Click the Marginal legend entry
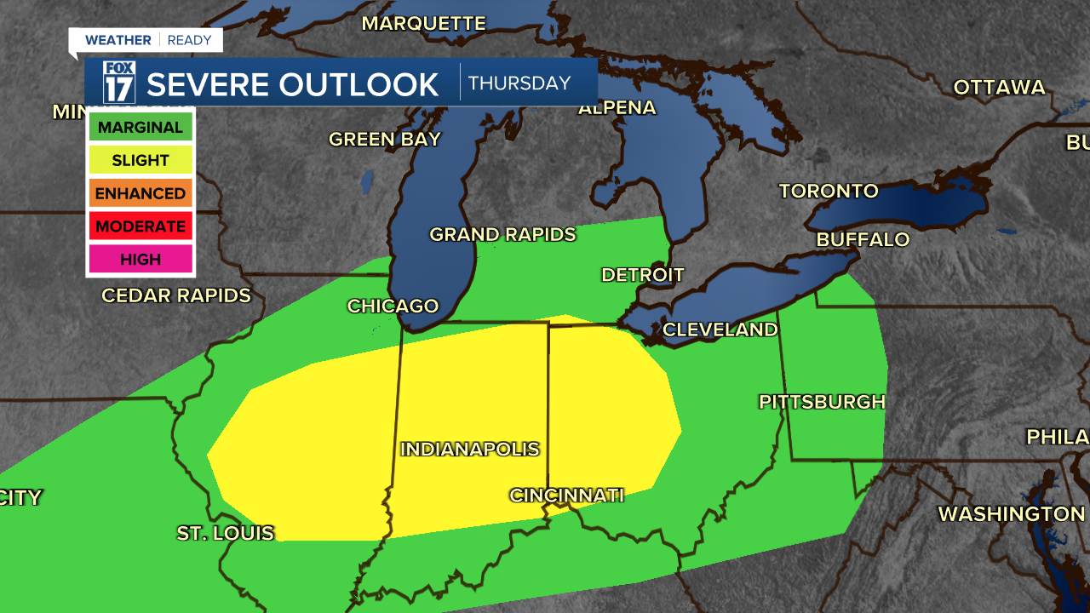[141, 128]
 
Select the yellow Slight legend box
[141, 160]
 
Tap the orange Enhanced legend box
[141, 193]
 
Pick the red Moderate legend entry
[141, 226]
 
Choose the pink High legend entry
[141, 259]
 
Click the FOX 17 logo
[119, 83]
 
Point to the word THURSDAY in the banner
[519, 83]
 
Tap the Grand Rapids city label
[502, 234]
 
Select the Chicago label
[393, 306]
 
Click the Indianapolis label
[470, 449]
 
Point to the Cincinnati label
[566, 495]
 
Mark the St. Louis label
[226, 533]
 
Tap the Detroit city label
[642, 275]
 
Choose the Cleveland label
[720, 329]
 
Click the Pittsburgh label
[822, 402]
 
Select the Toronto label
[828, 191]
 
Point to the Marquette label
[423, 23]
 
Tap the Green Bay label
[385, 139]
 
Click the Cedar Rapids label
[176, 295]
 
